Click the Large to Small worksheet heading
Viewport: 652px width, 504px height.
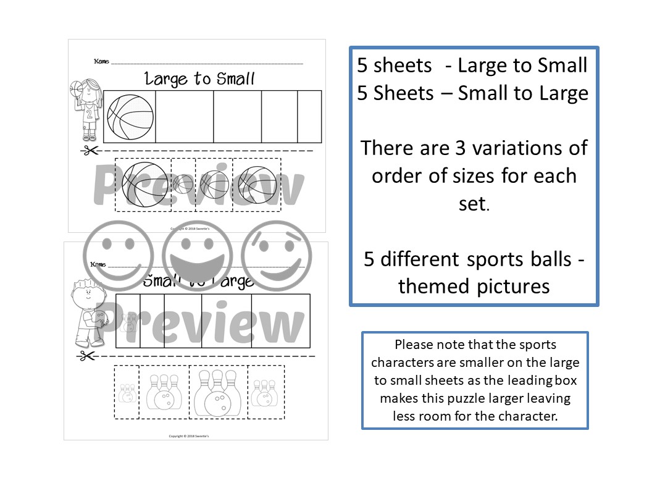[199, 78]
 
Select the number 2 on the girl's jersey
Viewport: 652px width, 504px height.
[90, 114]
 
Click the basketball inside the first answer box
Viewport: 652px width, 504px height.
[129, 117]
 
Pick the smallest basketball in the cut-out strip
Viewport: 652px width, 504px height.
[183, 183]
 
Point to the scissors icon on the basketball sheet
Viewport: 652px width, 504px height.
[90, 150]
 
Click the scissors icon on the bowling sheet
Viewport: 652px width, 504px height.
[86, 356]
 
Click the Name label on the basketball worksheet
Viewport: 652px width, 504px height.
[101, 62]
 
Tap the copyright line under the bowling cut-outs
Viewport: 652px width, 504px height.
[193, 436]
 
